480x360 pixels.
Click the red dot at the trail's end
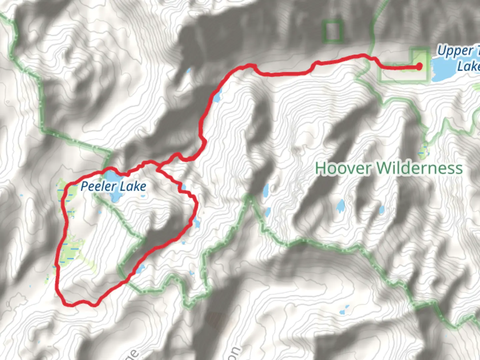point(419,67)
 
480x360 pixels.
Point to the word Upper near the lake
point(455,51)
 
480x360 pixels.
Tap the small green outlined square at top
point(332,31)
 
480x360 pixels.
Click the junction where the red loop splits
point(158,166)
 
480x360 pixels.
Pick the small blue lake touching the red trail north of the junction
point(217,97)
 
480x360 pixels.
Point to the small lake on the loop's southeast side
point(141,268)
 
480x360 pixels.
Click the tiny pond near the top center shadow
point(189,71)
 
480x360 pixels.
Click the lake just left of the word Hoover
point(266,191)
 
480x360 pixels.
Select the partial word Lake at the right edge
point(468,66)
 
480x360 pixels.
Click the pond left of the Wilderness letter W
point(340,206)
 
